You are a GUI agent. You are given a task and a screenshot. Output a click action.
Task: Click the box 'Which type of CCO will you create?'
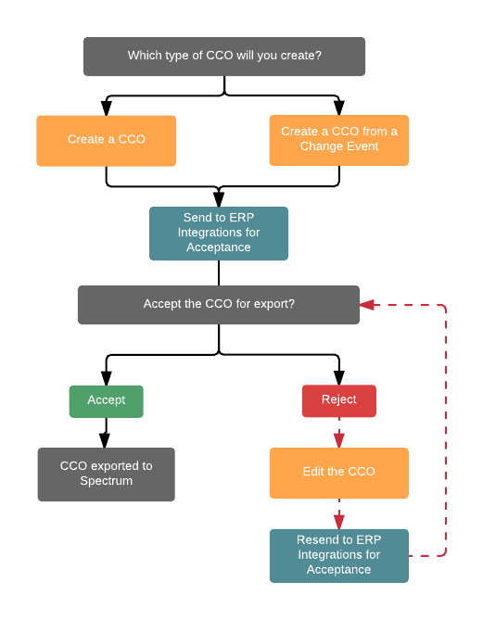(x=224, y=57)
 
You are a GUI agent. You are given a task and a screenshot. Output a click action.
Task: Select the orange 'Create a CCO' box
(x=106, y=141)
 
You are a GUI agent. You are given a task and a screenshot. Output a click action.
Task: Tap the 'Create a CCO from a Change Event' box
(x=339, y=140)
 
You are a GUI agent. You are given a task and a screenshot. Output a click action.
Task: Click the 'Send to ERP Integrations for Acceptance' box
(x=219, y=234)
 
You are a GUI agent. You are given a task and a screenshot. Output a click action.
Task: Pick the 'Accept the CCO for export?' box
(x=219, y=305)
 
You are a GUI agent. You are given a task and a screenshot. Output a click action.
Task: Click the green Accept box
(x=106, y=401)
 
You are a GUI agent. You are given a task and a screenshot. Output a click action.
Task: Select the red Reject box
(x=339, y=401)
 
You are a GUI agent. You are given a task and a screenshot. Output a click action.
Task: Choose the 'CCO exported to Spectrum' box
(x=106, y=474)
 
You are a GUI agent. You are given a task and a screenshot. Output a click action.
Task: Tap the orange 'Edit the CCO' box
(x=339, y=473)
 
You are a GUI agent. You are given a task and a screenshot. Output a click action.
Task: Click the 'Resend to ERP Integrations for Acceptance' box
(x=339, y=556)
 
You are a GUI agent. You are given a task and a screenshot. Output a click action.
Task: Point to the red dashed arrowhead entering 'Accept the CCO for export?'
(x=367, y=305)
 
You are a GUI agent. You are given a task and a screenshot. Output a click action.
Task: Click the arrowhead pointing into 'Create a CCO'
(x=106, y=108)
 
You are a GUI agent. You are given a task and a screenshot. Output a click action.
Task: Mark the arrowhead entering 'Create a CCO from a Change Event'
(x=339, y=108)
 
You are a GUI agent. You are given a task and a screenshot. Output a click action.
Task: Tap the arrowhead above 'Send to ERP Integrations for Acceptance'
(x=219, y=199)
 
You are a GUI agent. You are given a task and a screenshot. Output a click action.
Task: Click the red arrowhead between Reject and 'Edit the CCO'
(x=339, y=440)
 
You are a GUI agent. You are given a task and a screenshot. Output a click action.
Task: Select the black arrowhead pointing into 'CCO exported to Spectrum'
(x=105, y=440)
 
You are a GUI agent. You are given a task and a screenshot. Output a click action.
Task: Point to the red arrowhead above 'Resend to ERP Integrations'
(x=339, y=522)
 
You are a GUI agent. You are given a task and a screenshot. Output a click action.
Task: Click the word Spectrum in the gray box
(x=106, y=481)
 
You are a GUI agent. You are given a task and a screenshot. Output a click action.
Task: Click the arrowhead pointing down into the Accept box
(x=106, y=378)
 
